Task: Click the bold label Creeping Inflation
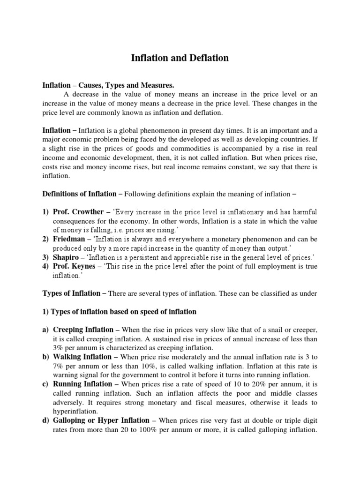(x=83, y=330)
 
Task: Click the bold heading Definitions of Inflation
(x=79, y=194)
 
